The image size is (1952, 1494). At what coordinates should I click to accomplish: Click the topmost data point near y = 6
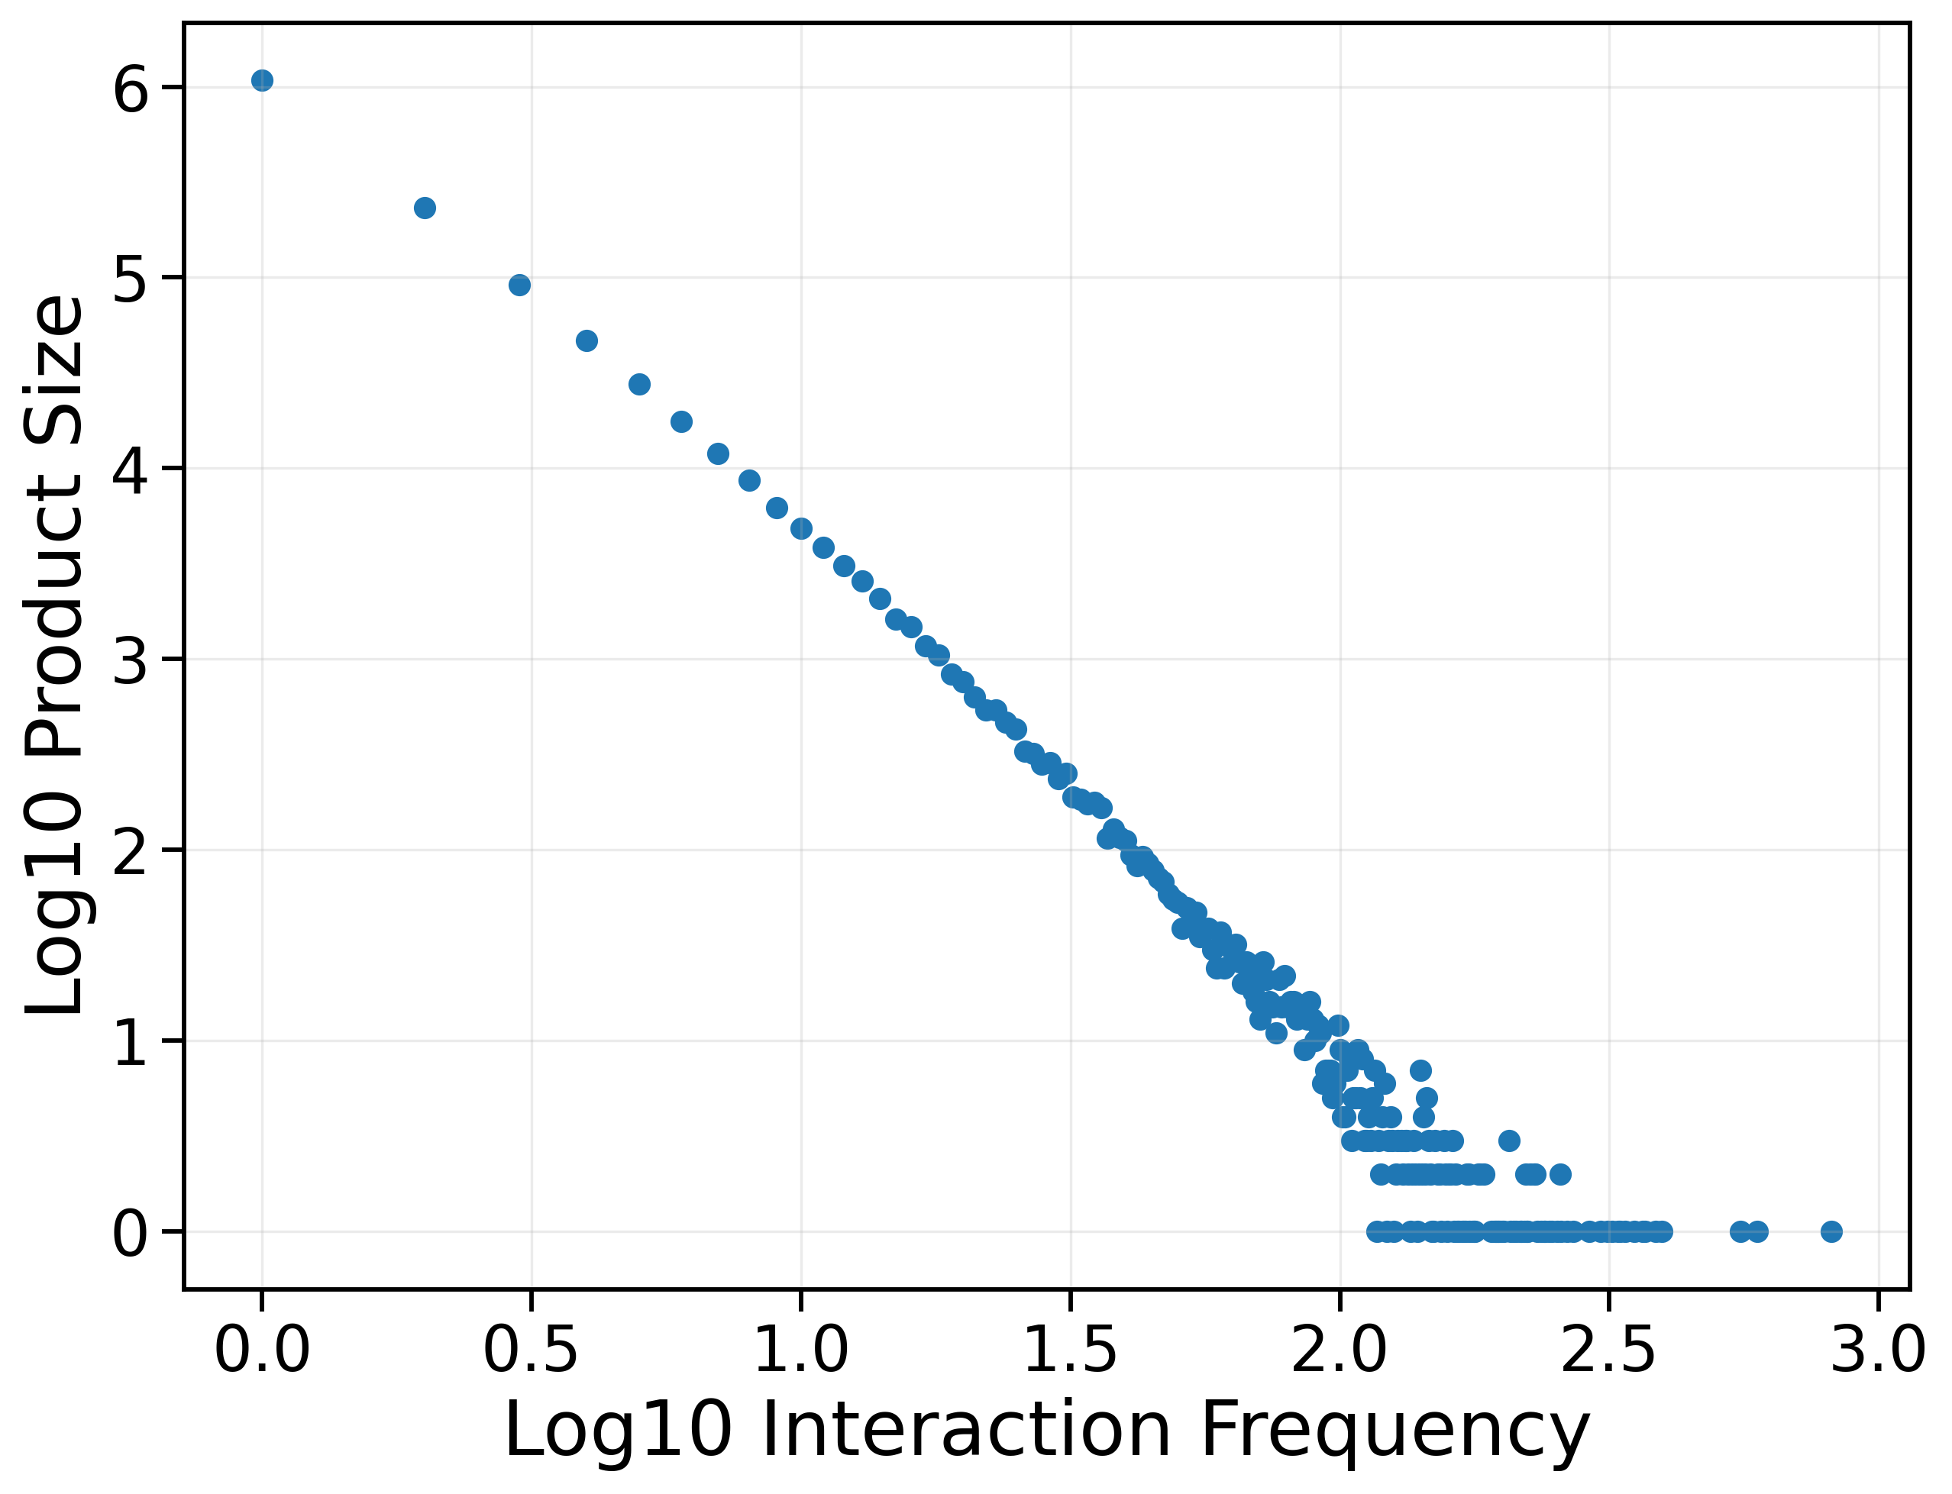[262, 81]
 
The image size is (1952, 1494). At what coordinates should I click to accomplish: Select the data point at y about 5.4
[425, 208]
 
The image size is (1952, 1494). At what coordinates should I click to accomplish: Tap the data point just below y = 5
[519, 286]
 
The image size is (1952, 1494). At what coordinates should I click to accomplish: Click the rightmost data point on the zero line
[1831, 1231]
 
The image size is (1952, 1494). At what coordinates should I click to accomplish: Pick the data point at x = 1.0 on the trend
[800, 528]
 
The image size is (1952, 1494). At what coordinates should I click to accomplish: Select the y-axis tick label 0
[130, 1234]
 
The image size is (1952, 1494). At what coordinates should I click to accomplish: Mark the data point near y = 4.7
[587, 340]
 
